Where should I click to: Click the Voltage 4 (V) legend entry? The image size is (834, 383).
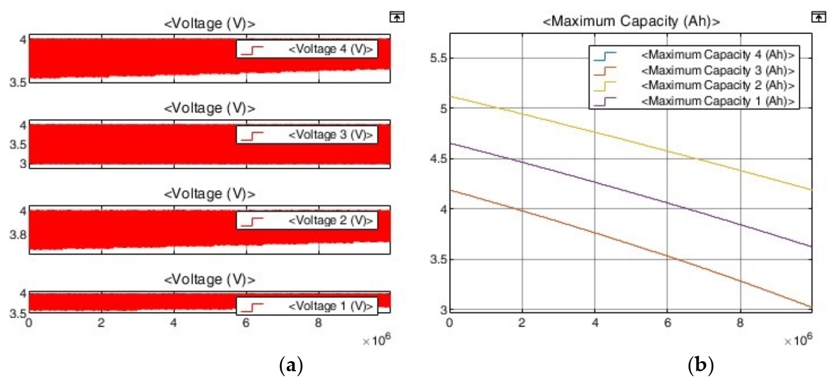(x=330, y=50)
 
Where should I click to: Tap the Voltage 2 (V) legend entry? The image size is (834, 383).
(x=330, y=221)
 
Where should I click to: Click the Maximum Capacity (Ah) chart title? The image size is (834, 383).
(x=631, y=22)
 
